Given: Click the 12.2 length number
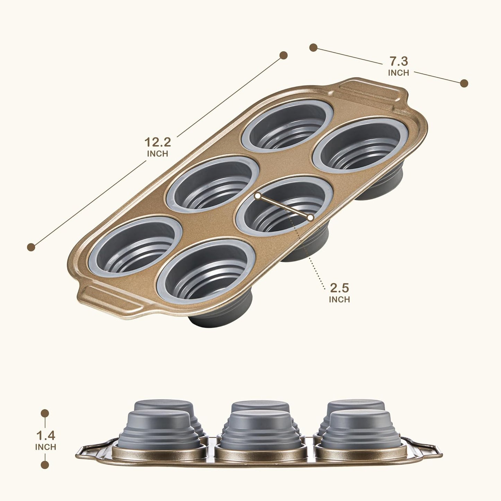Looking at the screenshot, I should pos(157,142).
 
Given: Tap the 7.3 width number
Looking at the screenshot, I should pos(399,61).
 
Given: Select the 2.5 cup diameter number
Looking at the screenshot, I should pos(339,288).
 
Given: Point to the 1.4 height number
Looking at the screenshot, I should pos(45,435).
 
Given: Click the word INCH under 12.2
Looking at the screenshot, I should pos(157,154).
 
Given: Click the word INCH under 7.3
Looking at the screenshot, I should pos(399,73).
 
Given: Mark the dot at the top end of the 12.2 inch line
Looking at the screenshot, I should pos(284,55).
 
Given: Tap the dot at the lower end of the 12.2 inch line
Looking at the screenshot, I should pos(31,247).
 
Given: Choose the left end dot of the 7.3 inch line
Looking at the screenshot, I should pos(313,47).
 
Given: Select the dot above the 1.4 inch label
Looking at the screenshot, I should pos(45,413).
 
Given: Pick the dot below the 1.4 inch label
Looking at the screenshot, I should pos(45,465).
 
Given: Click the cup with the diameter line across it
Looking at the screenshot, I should pos(284,205).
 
